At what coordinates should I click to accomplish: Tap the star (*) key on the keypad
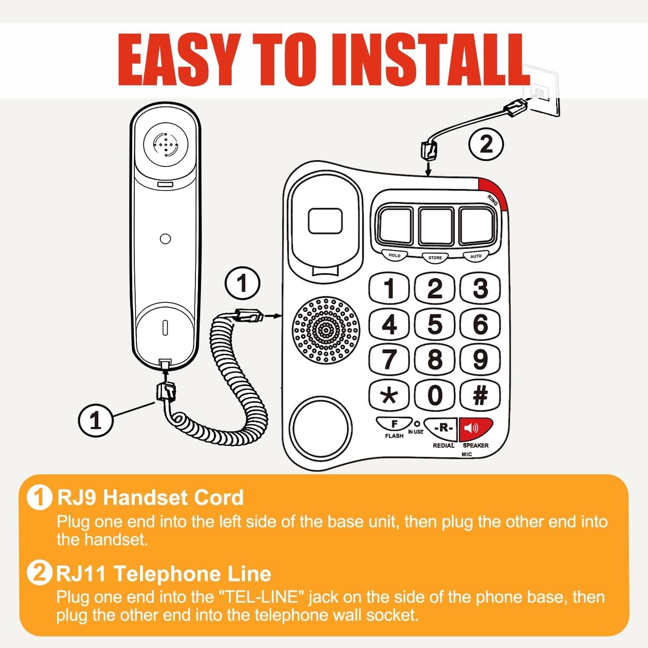(389, 395)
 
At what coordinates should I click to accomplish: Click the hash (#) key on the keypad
(480, 395)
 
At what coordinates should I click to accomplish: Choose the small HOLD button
(394, 255)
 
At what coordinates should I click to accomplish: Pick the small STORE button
(435, 257)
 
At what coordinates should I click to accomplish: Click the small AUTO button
(476, 256)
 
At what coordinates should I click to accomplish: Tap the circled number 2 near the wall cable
(486, 144)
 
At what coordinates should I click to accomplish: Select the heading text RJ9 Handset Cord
(151, 498)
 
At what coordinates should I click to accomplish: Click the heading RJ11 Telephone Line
(164, 574)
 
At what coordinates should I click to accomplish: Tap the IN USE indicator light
(416, 424)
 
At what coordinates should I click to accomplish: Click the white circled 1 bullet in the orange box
(39, 498)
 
